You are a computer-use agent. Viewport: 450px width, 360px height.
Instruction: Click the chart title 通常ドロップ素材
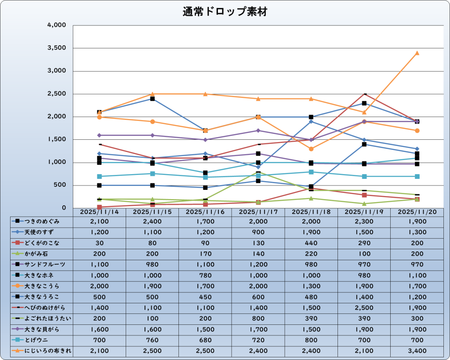coord(225,12)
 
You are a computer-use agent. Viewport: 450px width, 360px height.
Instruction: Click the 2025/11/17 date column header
coord(258,211)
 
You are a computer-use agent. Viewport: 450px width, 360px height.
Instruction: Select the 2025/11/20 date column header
coord(417,211)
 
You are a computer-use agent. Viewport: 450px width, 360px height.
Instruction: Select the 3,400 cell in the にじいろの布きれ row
coord(417,351)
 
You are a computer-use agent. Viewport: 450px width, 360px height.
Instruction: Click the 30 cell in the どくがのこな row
coord(99,243)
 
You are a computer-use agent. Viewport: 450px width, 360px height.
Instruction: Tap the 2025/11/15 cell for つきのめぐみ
coord(152,221)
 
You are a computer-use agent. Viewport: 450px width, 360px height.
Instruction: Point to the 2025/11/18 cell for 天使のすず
coord(311,232)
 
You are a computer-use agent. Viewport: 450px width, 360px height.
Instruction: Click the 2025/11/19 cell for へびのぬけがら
coord(364,308)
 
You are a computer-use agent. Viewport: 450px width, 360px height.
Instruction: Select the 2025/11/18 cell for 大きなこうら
coord(311,286)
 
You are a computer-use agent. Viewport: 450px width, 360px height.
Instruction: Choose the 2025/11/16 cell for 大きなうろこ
coord(205,297)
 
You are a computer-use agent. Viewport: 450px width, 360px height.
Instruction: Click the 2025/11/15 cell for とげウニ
coord(152,340)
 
